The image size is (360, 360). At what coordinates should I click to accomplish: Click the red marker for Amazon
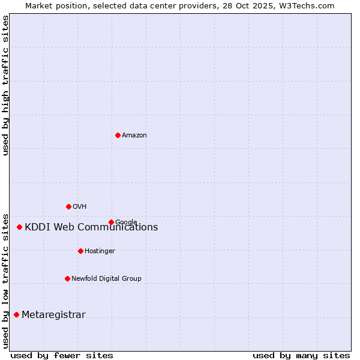click(x=118, y=135)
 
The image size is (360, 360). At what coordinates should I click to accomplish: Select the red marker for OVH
click(x=68, y=206)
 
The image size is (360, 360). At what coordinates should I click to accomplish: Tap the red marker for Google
click(x=111, y=222)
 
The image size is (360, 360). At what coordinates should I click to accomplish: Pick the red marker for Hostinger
click(x=80, y=251)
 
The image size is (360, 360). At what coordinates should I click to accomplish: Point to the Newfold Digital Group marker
click(x=67, y=278)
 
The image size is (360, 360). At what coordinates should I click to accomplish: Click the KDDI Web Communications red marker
click(x=19, y=227)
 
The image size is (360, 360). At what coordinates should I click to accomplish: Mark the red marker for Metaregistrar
click(x=16, y=314)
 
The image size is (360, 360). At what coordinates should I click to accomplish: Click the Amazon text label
click(x=134, y=136)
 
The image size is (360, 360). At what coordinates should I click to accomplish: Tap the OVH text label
click(x=80, y=207)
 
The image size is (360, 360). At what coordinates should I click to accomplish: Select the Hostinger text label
click(x=100, y=251)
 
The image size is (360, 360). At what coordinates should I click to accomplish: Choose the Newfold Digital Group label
click(x=106, y=279)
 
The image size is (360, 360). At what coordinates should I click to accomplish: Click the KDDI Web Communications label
click(x=91, y=227)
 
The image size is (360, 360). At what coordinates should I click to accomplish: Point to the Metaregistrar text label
click(x=53, y=315)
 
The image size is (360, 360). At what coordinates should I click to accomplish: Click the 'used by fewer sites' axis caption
click(x=62, y=356)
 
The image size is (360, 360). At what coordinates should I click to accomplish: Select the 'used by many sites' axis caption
click(x=301, y=356)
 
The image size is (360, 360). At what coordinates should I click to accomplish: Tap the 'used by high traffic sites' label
click(x=5, y=85)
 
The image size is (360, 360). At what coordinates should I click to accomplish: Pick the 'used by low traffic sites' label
click(x=5, y=280)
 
